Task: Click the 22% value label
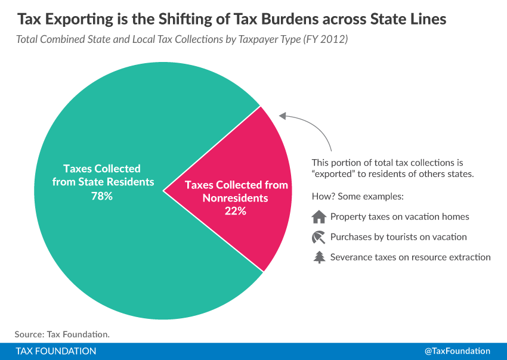coord(236,211)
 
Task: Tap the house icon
coord(319,217)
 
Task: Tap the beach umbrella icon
coord(319,237)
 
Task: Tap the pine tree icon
coord(319,257)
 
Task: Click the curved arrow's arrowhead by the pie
coord(283,116)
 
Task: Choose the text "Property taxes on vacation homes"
coord(400,217)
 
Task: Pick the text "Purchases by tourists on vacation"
coord(398,237)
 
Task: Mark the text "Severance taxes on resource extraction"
coord(410,257)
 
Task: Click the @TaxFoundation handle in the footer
coord(457,351)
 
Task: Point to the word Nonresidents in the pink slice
coord(236,198)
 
